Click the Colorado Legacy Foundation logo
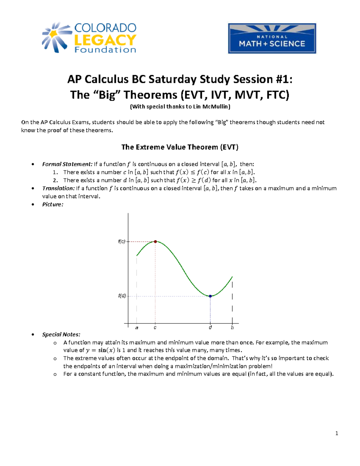[x=89, y=38]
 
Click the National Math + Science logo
[x=272, y=38]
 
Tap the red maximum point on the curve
[x=155, y=242]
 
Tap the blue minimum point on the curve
[x=210, y=296]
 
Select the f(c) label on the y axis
[x=121, y=242]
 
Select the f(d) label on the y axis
[x=122, y=296]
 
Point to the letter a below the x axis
[x=137, y=328]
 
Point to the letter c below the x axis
[x=155, y=328]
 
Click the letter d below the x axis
[x=210, y=328]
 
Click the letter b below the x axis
[x=232, y=328]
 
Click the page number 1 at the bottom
[x=337, y=433]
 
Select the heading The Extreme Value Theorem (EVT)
[x=180, y=147]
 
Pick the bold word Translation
[x=58, y=188]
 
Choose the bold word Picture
[x=52, y=204]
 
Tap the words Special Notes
[x=61, y=334]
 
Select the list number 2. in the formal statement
[x=55, y=180]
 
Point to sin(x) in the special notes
[x=106, y=350]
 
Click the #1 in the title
[x=282, y=79]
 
